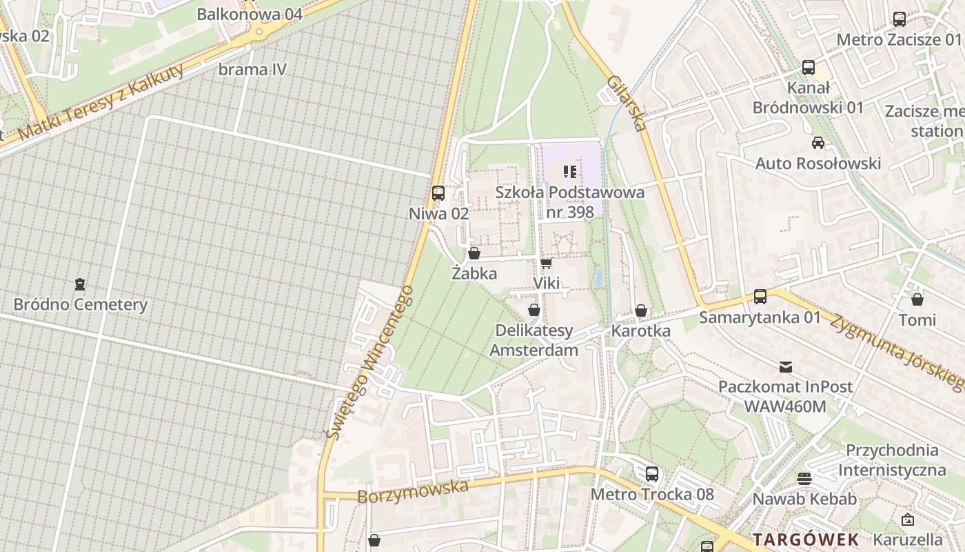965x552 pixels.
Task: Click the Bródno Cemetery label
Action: click(81, 304)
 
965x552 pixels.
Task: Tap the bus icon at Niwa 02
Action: click(438, 193)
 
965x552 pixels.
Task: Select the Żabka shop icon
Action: click(474, 253)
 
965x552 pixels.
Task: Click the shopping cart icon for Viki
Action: click(546, 263)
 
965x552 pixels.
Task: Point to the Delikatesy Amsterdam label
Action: click(534, 340)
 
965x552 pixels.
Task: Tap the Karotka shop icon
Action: click(641, 310)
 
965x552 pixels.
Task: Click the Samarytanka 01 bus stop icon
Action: click(760, 297)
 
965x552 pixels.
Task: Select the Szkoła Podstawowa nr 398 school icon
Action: click(569, 171)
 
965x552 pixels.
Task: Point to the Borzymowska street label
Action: click(413, 491)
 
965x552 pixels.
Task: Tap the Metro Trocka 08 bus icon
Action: click(652, 474)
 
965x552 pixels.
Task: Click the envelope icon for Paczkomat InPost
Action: click(786, 366)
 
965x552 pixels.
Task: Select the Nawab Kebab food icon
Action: click(804, 478)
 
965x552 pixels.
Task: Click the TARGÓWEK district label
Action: click(806, 539)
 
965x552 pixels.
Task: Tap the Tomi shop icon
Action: click(917, 299)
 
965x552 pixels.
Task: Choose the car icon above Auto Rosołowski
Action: click(818, 143)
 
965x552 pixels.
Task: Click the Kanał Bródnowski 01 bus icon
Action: click(809, 68)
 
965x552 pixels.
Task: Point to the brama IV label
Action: click(252, 70)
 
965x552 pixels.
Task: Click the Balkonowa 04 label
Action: click(250, 14)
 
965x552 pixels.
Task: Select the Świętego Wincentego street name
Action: click(369, 362)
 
